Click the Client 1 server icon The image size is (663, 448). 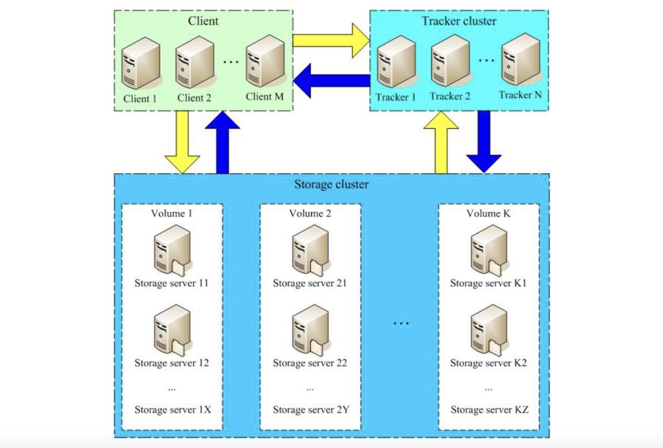[x=141, y=63]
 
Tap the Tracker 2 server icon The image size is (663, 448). [x=450, y=63]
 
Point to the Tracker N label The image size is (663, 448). [x=520, y=95]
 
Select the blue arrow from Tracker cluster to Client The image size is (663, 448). [x=331, y=82]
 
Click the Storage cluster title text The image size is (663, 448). [x=331, y=184]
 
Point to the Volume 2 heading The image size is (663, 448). [x=310, y=213]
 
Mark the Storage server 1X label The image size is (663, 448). [x=172, y=410]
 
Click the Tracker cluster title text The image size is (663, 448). [x=459, y=21]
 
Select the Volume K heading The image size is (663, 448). [x=487, y=213]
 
